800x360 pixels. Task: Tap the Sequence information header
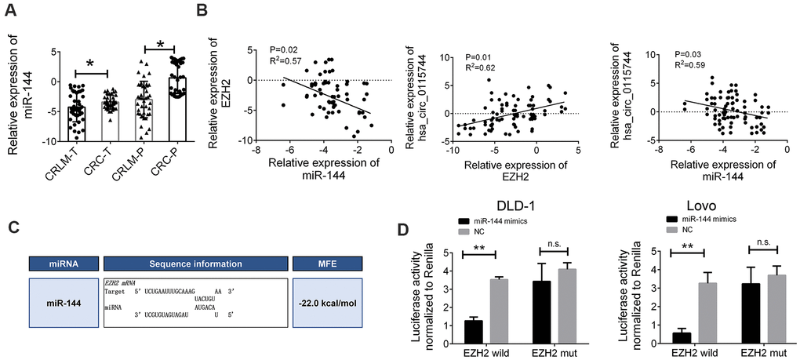click(x=196, y=264)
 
